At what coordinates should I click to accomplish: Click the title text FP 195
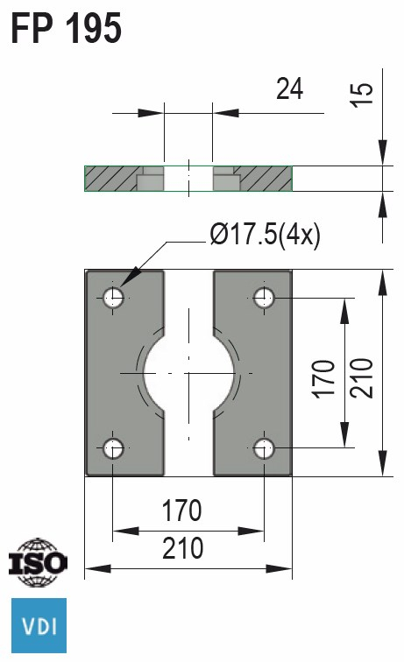[66, 28]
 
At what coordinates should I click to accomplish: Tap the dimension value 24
[289, 88]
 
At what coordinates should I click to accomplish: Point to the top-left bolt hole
[114, 298]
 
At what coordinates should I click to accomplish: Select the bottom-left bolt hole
[114, 448]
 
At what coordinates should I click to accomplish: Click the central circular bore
[188, 373]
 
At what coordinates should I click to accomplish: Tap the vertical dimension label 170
[323, 377]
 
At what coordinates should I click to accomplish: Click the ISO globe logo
[37, 560]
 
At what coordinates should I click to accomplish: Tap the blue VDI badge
[38, 626]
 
